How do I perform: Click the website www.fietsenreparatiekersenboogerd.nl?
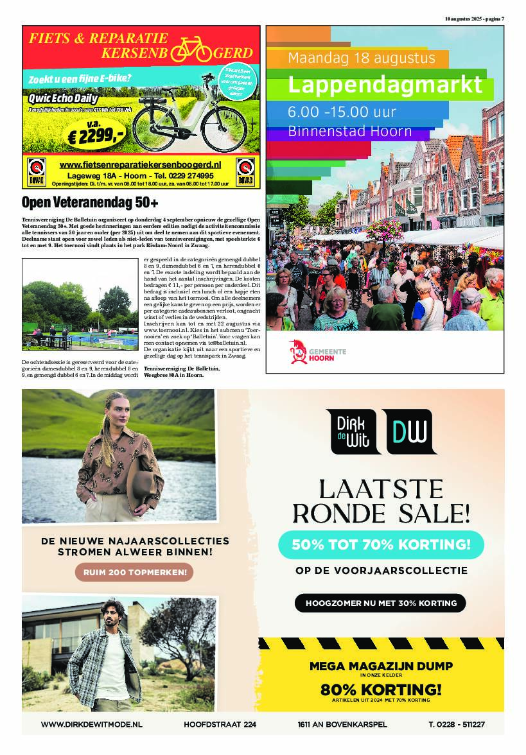point(140,165)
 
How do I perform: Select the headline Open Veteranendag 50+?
point(90,204)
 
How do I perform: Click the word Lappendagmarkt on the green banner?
point(384,85)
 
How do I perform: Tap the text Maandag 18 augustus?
point(362,58)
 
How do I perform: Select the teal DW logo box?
point(411,431)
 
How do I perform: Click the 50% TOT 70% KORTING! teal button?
point(381,545)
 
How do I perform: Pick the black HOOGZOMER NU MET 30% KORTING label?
point(380,603)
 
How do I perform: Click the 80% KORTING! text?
point(381,690)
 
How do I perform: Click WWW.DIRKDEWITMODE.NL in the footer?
point(91,724)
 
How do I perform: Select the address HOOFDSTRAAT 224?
point(220,724)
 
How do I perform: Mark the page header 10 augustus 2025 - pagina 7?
point(474,19)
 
